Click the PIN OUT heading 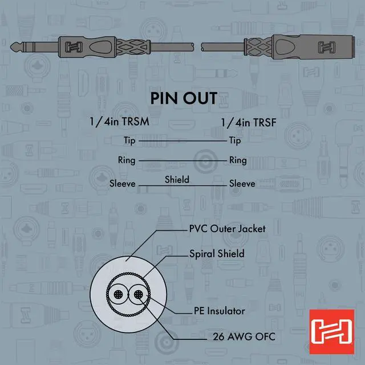(183, 98)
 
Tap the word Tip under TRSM (131, 140)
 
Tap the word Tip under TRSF (234, 140)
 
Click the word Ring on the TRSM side (127, 160)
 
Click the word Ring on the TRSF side (238, 160)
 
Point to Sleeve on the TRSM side (123, 184)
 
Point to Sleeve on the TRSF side (242, 184)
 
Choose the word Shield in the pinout (177, 179)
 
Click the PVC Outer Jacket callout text (227, 229)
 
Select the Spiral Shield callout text (217, 253)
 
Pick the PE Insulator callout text (218, 311)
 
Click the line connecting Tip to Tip (182, 140)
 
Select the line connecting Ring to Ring (182, 161)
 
